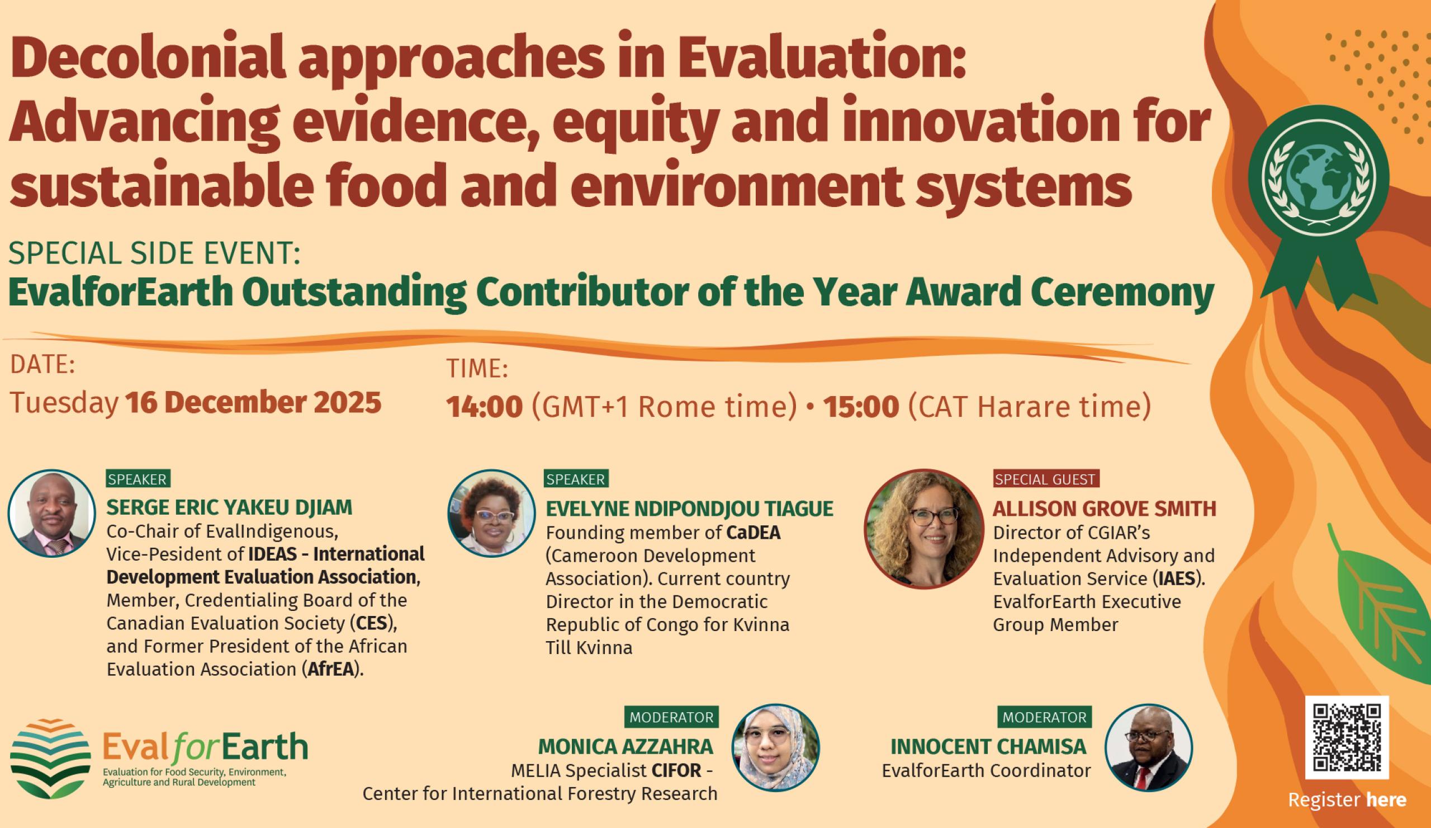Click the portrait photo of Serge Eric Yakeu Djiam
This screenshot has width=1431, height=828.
pyautogui.click(x=51, y=513)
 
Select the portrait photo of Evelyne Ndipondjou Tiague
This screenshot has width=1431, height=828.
pyautogui.click(x=491, y=513)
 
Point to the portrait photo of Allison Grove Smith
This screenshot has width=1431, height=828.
pyautogui.click(x=923, y=529)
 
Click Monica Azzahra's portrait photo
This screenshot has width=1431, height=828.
pyautogui.click(x=775, y=748)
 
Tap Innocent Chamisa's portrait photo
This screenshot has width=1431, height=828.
pyautogui.click(x=1148, y=748)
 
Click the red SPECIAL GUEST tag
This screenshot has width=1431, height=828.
pyautogui.click(x=1045, y=479)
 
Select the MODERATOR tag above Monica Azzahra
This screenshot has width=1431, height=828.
pyautogui.click(x=671, y=717)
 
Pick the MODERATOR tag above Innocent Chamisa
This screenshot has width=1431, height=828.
pyautogui.click(x=1044, y=717)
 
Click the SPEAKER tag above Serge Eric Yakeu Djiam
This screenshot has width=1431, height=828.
pyautogui.click(x=138, y=479)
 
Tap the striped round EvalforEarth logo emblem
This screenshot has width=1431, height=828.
pyautogui.click(x=50, y=758)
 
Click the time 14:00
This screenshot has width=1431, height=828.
pyautogui.click(x=484, y=407)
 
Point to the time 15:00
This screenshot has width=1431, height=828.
pyautogui.click(x=861, y=407)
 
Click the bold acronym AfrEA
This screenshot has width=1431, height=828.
pyautogui.click(x=331, y=669)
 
